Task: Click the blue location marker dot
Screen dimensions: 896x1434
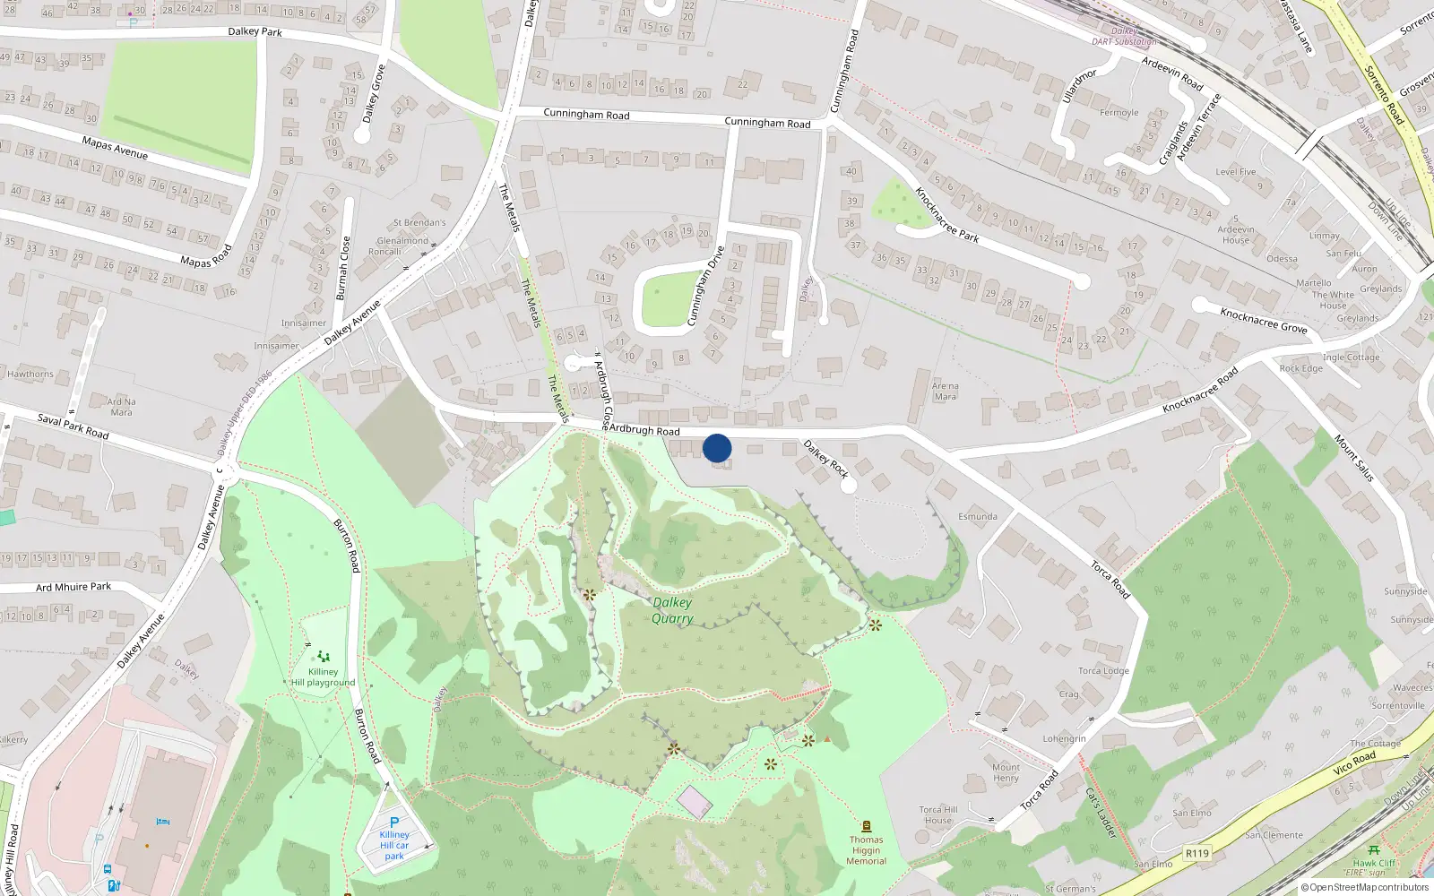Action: pyautogui.click(x=717, y=448)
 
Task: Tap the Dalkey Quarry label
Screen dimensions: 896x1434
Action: pyautogui.click(x=672, y=610)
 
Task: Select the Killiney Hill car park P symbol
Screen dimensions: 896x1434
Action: pyautogui.click(x=393, y=823)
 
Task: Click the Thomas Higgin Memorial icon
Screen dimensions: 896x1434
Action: pyautogui.click(x=866, y=826)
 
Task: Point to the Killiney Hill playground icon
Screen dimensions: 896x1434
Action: pyautogui.click(x=324, y=657)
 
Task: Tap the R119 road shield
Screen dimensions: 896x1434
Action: pyautogui.click(x=1197, y=853)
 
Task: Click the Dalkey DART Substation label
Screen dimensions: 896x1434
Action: pyautogui.click(x=1124, y=36)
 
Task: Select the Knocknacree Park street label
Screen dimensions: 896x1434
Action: pyautogui.click(x=946, y=215)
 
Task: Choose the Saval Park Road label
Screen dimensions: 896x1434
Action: pyautogui.click(x=73, y=426)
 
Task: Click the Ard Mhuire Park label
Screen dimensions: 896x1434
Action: pyautogui.click(x=73, y=587)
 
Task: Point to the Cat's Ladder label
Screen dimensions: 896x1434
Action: pyautogui.click(x=1101, y=814)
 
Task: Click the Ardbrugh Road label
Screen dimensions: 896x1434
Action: pyautogui.click(x=644, y=430)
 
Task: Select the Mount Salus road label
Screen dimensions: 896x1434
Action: pyautogui.click(x=1354, y=458)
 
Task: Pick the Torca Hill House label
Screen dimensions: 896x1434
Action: pyautogui.click(x=938, y=814)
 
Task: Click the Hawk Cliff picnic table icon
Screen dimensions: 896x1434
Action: pyautogui.click(x=1374, y=850)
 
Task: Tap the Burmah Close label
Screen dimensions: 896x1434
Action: pyautogui.click(x=341, y=268)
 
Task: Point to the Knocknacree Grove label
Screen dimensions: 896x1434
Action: pyautogui.click(x=1264, y=320)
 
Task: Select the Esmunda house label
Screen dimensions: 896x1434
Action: pyautogui.click(x=978, y=516)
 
